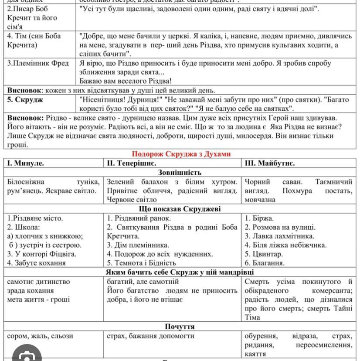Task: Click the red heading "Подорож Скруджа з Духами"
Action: coord(181,154)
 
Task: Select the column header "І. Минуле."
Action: coord(26,163)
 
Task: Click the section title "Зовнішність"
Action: coord(180,172)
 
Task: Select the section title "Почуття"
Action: coord(180,327)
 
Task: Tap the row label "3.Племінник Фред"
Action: coord(38,63)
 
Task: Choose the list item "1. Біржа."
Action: coord(259,218)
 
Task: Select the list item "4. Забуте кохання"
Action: coord(37,263)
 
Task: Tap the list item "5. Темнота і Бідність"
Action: coord(142,263)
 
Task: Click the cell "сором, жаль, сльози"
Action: coord(41,336)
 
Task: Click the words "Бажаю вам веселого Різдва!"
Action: coord(126,81)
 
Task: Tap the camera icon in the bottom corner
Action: coord(27,355)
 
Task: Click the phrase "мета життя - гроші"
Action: coord(38,300)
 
